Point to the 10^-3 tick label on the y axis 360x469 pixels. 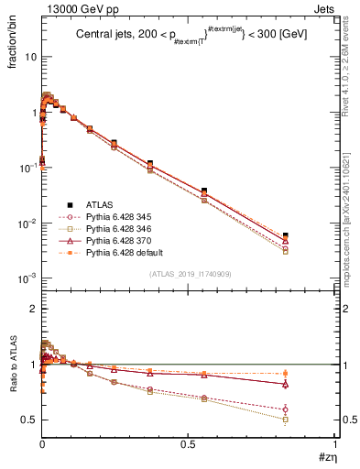27,278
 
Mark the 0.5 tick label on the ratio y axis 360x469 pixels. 29,420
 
